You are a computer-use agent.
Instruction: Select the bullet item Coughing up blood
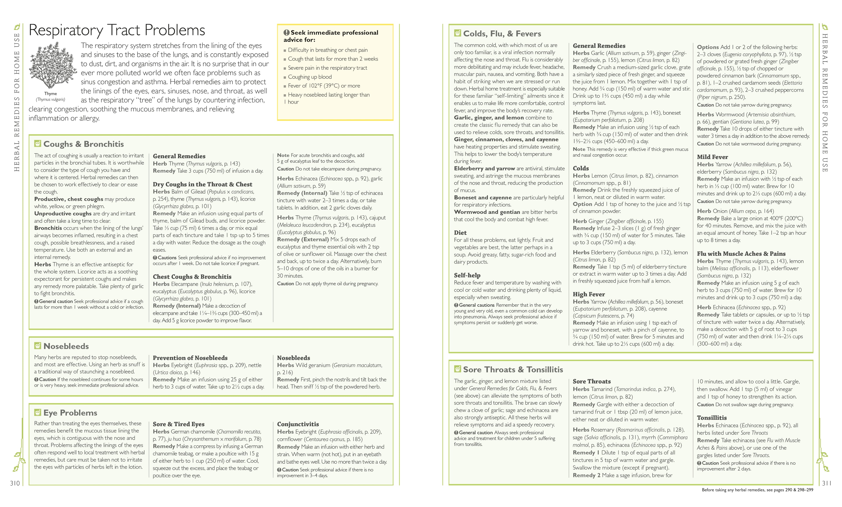[x=310, y=77]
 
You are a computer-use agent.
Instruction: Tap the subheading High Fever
[x=589, y=294]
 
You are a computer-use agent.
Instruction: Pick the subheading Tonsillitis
[x=712, y=418]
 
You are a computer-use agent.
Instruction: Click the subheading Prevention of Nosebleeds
[x=190, y=358]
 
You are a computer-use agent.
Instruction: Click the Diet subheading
[x=460, y=232]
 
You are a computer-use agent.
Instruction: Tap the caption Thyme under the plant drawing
[x=51, y=94]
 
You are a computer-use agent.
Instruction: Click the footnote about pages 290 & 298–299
[x=757, y=490]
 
